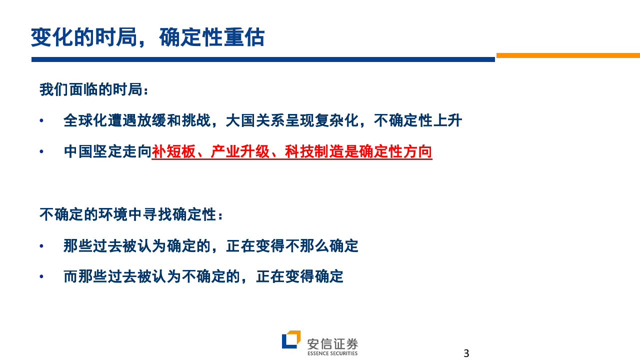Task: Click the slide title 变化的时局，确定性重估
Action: tap(148, 37)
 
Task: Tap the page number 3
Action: tap(466, 353)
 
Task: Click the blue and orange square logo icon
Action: tap(291, 339)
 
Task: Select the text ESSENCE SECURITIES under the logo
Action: tap(332, 353)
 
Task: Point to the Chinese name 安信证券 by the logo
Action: tap(332, 343)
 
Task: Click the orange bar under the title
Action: tap(568, 55)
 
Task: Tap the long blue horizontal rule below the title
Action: tap(263, 59)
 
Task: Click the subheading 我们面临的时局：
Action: tap(94, 90)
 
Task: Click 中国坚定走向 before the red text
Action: tap(107, 151)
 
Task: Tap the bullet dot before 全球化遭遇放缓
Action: tap(42, 121)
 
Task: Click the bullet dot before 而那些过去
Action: tap(42, 276)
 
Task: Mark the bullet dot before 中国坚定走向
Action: tap(42, 152)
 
